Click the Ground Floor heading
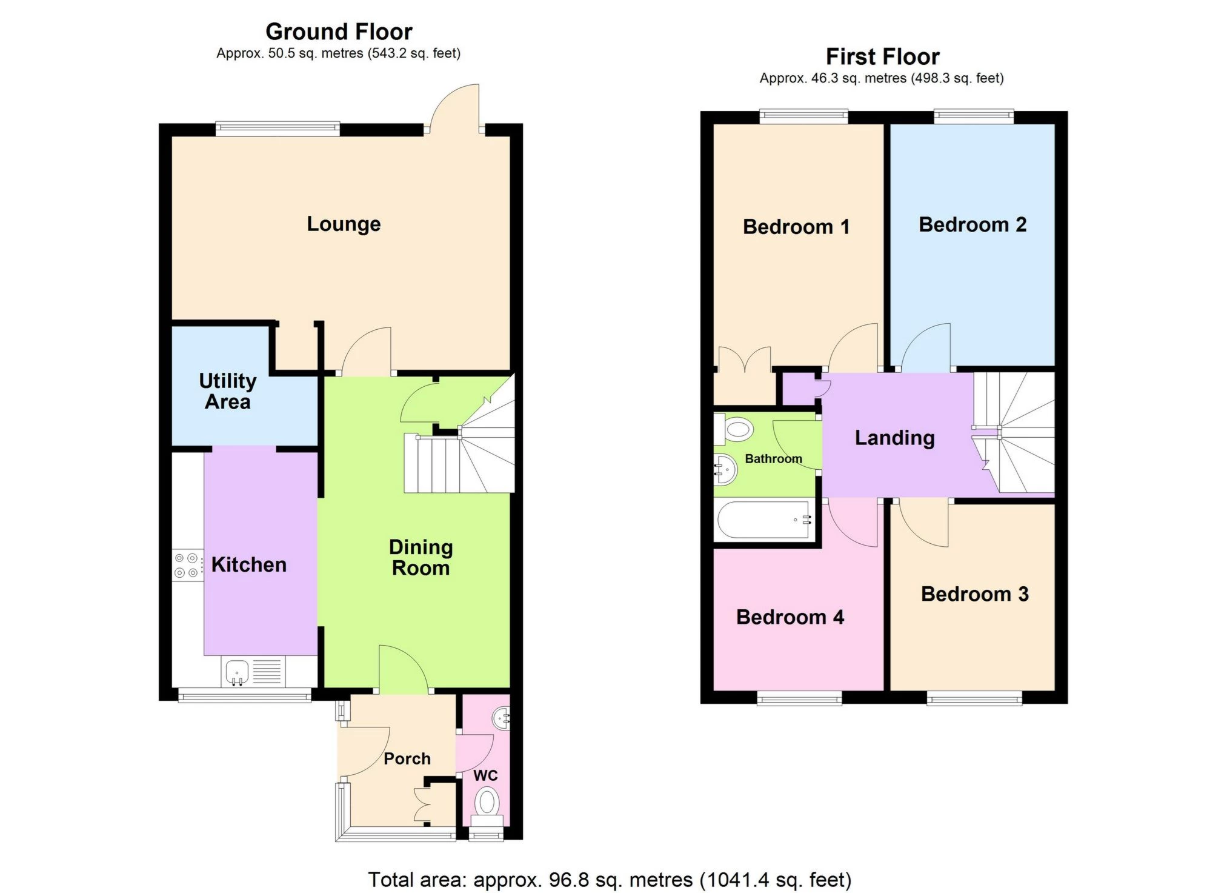click(339, 32)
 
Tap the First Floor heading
click(882, 57)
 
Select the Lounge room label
click(344, 224)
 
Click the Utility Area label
click(227, 391)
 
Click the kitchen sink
click(238, 672)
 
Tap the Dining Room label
click(421, 557)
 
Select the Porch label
click(407, 758)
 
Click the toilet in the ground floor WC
click(487, 804)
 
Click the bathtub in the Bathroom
click(763, 520)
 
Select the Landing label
click(894, 438)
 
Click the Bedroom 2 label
click(972, 225)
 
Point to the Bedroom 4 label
click(790, 617)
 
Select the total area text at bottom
click(610, 879)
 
